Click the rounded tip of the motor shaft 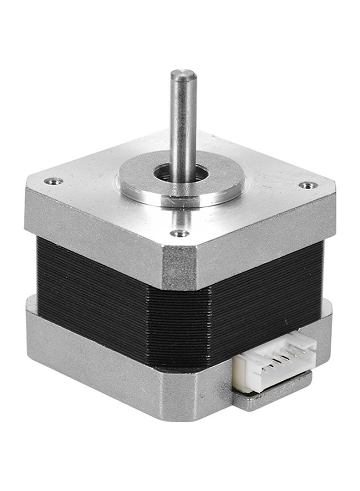click(x=183, y=74)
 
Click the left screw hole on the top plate click(x=53, y=181)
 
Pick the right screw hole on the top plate click(x=308, y=185)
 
